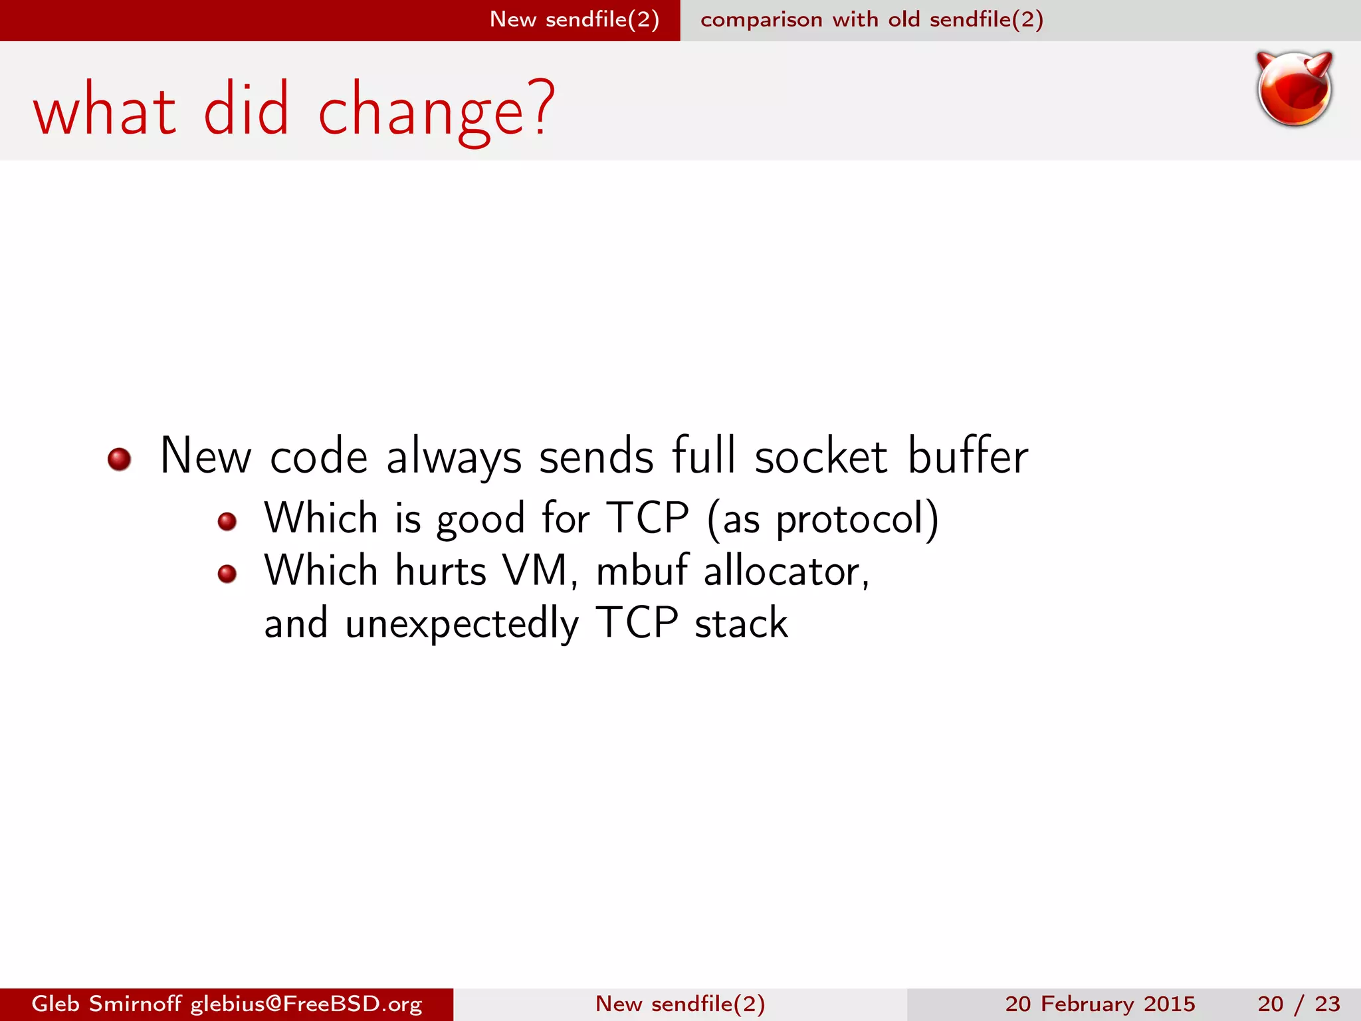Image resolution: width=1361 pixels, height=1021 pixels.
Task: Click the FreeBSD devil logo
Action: tap(1294, 89)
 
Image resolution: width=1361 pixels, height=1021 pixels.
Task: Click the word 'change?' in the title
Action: tap(435, 110)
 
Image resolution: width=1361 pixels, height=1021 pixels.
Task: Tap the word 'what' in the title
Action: tap(104, 110)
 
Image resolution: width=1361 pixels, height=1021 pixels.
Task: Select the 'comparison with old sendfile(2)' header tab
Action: tap(871, 19)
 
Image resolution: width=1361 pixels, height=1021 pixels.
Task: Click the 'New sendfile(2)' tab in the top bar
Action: tap(574, 19)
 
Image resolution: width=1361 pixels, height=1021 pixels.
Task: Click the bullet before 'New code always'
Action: tap(119, 459)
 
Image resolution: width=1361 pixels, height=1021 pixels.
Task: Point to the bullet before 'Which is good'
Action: tap(227, 521)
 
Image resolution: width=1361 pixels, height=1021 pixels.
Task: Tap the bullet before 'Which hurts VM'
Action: tap(227, 574)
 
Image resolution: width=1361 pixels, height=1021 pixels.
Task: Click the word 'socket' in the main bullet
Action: tap(821, 457)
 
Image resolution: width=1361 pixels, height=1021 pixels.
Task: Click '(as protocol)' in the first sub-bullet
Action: tap(823, 518)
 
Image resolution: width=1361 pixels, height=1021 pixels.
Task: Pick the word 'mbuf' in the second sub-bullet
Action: tap(641, 570)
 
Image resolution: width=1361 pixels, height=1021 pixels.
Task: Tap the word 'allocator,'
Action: tap(786, 570)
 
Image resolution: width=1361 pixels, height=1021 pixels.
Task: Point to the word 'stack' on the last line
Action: tap(741, 624)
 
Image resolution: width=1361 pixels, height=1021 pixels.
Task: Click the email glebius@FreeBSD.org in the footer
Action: tap(306, 1004)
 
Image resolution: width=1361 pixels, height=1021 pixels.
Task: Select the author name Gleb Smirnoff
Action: tap(106, 1004)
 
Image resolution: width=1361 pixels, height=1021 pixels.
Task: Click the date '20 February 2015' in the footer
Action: tap(1100, 1004)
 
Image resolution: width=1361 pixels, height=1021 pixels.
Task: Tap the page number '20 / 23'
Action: tap(1299, 1004)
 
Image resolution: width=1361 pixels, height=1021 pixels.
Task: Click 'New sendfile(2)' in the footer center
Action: tap(680, 1004)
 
